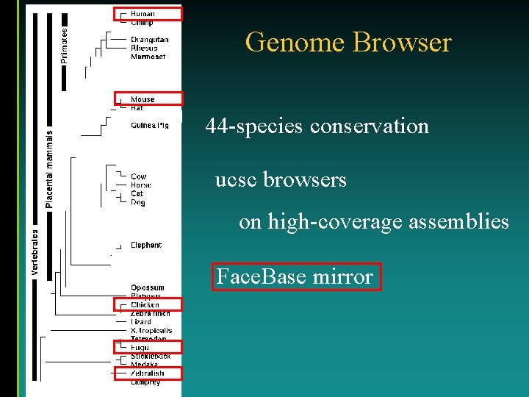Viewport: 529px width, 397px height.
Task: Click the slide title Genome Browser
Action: pyautogui.click(x=348, y=42)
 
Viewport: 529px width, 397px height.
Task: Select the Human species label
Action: pyautogui.click(x=143, y=14)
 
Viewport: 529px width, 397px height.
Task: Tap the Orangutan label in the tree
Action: pyautogui.click(x=149, y=40)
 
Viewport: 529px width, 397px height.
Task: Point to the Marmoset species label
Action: pyautogui.click(x=148, y=57)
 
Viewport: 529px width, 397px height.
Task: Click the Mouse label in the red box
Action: pyautogui.click(x=143, y=99)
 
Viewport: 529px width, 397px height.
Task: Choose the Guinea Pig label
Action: pyautogui.click(x=149, y=125)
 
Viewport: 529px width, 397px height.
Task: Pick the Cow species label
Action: pyautogui.click(x=138, y=176)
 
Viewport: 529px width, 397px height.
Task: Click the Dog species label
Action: pyautogui.click(x=138, y=202)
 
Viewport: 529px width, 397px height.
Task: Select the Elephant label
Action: pyautogui.click(x=145, y=245)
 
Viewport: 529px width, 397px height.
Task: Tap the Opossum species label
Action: pyautogui.click(x=147, y=287)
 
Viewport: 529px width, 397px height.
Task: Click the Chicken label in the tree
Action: pyautogui.click(x=145, y=304)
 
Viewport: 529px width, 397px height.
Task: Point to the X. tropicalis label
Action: pyautogui.click(x=151, y=330)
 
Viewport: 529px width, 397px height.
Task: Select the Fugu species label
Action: pyautogui.click(x=140, y=347)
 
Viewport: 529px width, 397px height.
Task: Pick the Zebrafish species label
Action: pyautogui.click(x=147, y=373)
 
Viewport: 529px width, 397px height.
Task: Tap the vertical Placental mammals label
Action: pyautogui.click(x=49, y=169)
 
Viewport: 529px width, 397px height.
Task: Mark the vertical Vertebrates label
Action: pyautogui.click(x=35, y=251)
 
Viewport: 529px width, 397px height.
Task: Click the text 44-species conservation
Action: pyautogui.click(x=317, y=126)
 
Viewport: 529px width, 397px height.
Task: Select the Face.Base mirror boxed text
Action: pyautogui.click(x=295, y=277)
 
